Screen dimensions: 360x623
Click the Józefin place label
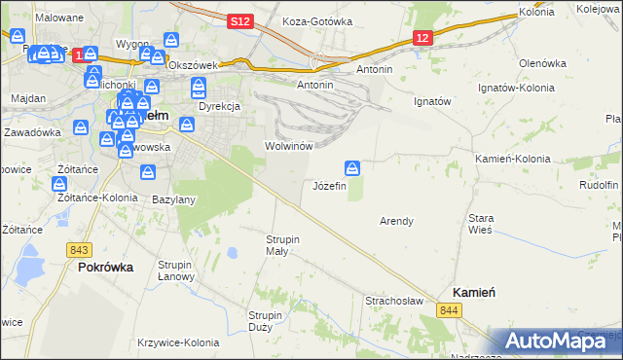(x=329, y=186)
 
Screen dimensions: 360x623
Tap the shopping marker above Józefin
(x=352, y=167)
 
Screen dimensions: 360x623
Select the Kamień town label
(x=475, y=293)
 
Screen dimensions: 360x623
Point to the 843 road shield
(x=81, y=250)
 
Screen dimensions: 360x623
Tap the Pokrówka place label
(x=105, y=267)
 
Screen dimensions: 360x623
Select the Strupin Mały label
(x=283, y=244)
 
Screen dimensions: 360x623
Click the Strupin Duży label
(x=265, y=321)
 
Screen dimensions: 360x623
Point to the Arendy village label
(x=396, y=221)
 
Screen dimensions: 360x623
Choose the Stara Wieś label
(x=482, y=224)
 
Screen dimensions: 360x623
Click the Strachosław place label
(x=393, y=301)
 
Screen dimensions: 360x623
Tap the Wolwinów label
(x=287, y=146)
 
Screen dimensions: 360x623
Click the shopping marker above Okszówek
(x=172, y=41)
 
